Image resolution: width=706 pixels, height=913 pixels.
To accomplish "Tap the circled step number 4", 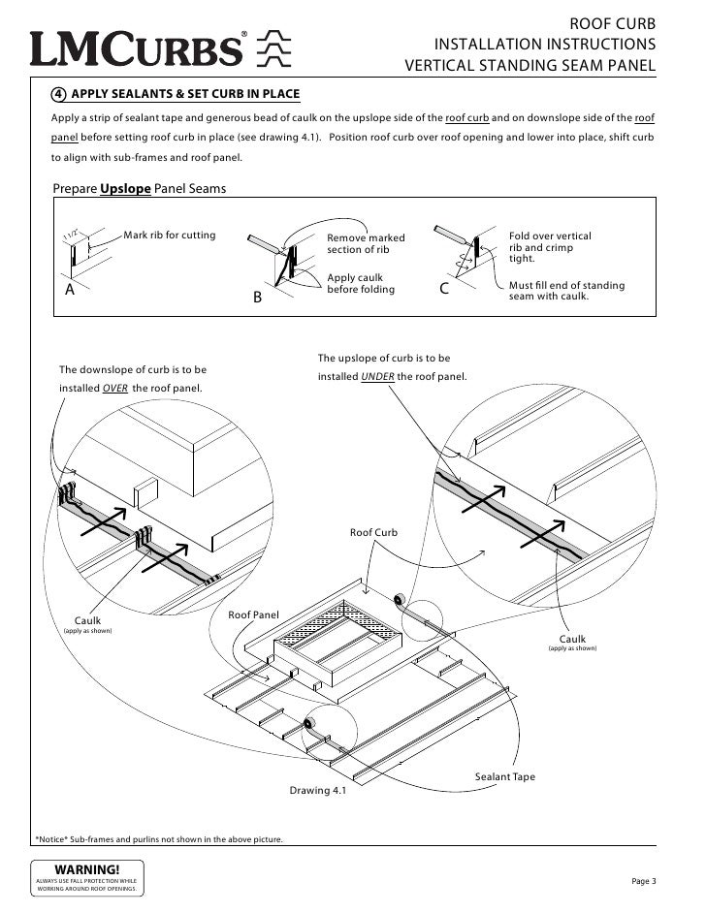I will coord(59,95).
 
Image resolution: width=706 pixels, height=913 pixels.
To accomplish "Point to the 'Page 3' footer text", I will coord(644,880).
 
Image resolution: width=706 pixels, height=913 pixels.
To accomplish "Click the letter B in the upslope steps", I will coord(258,298).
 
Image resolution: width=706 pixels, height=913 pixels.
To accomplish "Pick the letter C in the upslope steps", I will coord(444,289).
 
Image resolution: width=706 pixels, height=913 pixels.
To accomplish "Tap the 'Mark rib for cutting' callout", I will coord(170,236).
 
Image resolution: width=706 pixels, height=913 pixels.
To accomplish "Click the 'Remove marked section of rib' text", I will coord(366,244).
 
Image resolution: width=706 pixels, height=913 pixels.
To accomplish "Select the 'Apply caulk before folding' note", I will coord(361,284).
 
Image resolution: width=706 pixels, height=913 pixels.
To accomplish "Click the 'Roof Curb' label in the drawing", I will coord(373,533).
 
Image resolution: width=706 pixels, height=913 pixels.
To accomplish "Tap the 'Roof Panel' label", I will coord(253,614).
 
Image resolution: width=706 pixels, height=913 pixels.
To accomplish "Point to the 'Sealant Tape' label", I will coord(504,777).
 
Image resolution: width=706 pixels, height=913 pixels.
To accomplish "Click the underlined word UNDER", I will coord(377,376).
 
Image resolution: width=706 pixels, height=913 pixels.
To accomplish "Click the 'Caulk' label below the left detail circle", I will coord(87,620).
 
